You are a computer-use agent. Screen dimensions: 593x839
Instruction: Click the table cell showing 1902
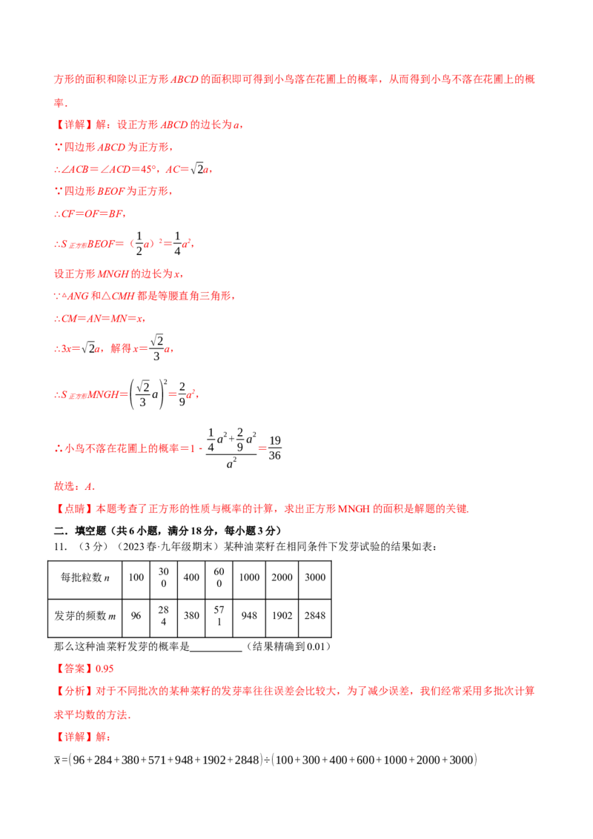282,615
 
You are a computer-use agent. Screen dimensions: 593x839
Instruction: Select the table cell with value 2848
315,615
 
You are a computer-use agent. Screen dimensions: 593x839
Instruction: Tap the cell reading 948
249,615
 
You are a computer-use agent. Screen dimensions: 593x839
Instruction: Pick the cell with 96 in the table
136,615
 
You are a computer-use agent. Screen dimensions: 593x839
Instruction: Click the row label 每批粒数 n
85,577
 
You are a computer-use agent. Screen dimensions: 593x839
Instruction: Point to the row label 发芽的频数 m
85,616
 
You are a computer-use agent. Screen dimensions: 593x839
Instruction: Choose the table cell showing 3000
315,577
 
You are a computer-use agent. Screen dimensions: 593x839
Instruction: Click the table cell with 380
191,615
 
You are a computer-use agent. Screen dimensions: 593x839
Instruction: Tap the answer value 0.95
105,669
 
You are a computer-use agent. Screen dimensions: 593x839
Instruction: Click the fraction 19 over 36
274,448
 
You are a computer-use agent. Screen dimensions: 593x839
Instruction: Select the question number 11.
61,547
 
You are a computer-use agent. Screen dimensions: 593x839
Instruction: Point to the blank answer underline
216,651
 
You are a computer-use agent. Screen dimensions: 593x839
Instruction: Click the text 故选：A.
74,486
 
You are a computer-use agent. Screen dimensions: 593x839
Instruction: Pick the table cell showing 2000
282,577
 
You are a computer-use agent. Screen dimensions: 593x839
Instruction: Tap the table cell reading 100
136,577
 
